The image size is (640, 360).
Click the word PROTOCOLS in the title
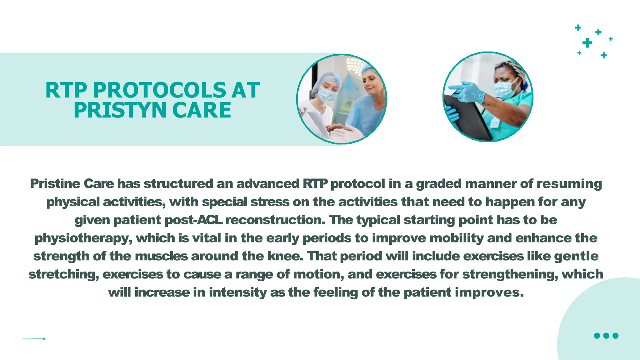pos(159,90)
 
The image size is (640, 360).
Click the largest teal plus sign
pos(587,43)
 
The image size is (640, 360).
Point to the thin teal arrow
pos(34,339)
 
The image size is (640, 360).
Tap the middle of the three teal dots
pos(606,336)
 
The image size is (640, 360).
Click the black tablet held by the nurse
pos(466,119)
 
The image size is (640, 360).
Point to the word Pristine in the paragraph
pos(55,184)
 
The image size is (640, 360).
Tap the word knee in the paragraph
pos(285,256)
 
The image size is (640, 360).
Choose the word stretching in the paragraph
pos(63,275)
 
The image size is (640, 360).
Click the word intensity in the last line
pos(237,293)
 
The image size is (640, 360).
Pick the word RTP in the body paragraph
pos(315,184)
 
